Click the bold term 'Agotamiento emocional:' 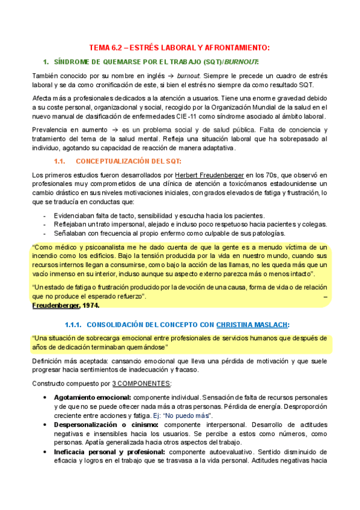click(x=93, y=398)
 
